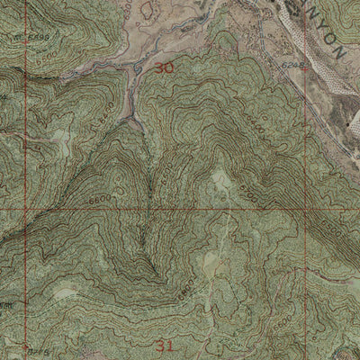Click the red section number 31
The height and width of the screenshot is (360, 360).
tap(163, 345)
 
